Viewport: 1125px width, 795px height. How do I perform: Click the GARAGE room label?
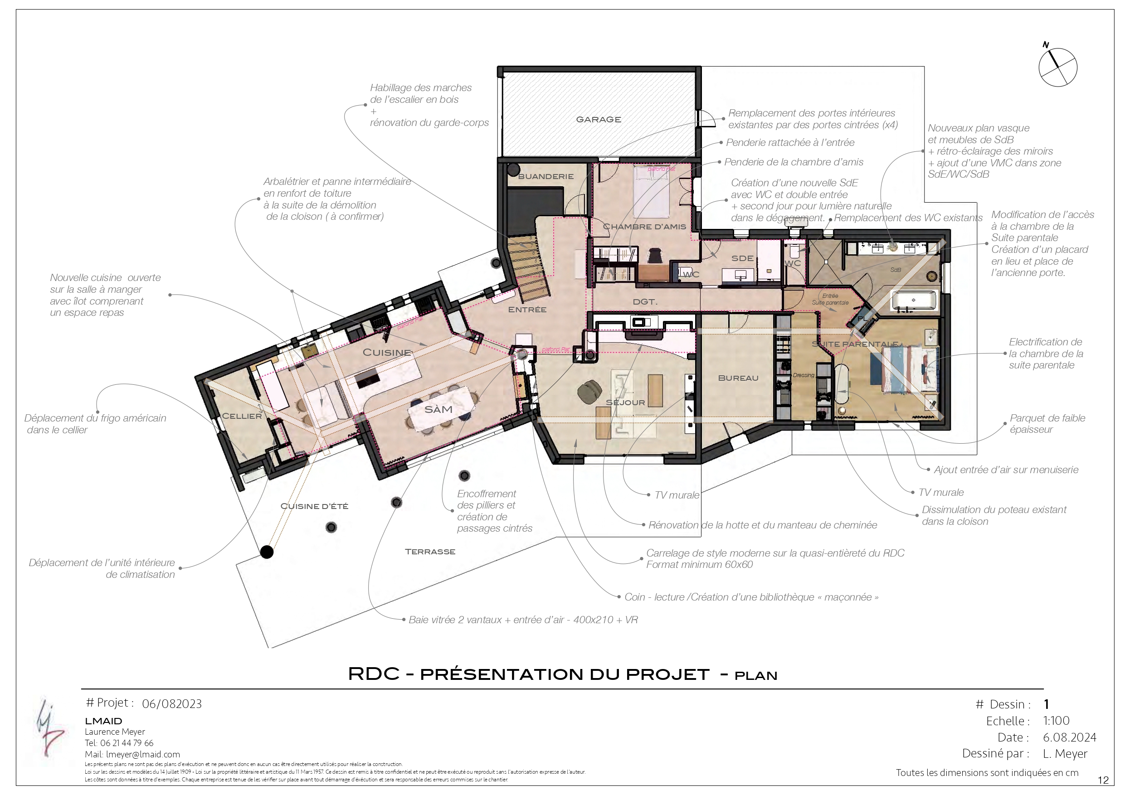tap(598, 120)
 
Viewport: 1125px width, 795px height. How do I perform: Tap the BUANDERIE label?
tap(545, 176)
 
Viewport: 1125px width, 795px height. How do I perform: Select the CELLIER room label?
tap(242, 416)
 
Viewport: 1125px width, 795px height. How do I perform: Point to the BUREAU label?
tap(738, 378)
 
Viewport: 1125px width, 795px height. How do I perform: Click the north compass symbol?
tap(1057, 67)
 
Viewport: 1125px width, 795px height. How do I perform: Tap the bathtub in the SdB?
tap(914, 300)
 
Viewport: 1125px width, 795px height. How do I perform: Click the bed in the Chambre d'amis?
tap(651, 191)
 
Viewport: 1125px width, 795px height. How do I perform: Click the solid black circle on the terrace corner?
tap(267, 552)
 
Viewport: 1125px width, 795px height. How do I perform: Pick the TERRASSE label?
tap(430, 552)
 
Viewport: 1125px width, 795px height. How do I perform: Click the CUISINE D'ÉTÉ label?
tap(314, 506)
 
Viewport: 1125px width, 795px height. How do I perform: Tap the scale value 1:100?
tap(1056, 721)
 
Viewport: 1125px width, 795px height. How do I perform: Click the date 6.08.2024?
tap(1069, 737)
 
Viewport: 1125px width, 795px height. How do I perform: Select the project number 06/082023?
tap(171, 704)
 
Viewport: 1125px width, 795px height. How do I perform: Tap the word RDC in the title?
tap(373, 674)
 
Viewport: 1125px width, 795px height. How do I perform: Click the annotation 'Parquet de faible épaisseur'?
tap(1047, 424)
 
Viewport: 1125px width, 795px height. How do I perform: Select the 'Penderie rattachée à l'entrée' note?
tap(790, 142)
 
